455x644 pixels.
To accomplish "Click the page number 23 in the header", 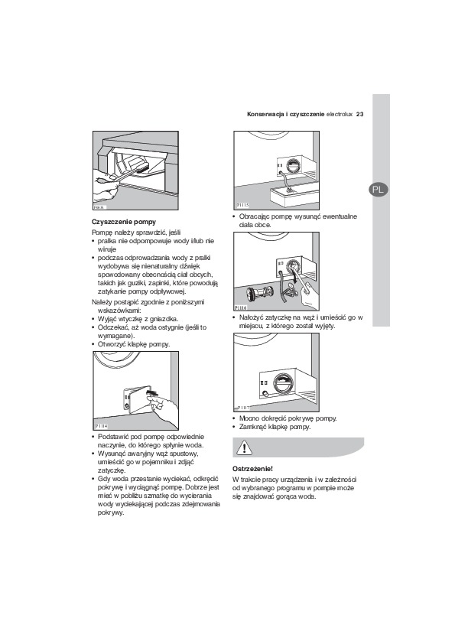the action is coord(359,114).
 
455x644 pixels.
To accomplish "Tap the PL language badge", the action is coord(378,190).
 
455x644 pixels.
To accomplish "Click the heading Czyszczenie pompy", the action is coord(124,222).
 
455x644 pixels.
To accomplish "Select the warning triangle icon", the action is coord(245,447).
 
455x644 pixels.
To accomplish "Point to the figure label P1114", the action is coord(102,426).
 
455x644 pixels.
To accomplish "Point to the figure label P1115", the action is coord(242,205).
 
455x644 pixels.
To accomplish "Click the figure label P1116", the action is coord(241,307).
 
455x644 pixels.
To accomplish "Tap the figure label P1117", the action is coord(243,408).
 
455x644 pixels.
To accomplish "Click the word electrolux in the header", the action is coord(340,114).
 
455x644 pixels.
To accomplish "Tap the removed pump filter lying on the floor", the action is coord(258,294).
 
